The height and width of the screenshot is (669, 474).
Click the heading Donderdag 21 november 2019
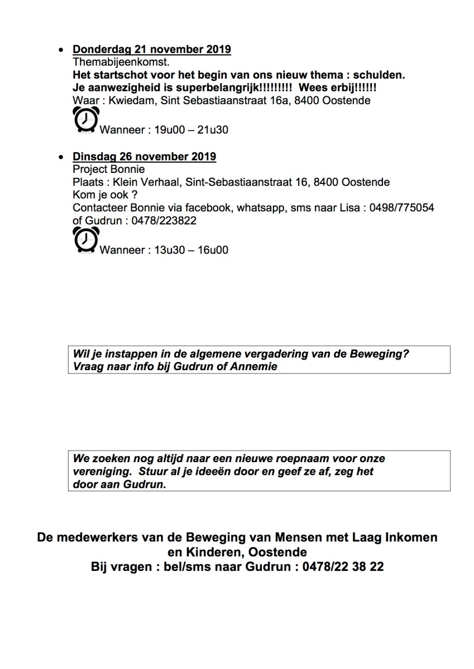pyautogui.click(x=151, y=50)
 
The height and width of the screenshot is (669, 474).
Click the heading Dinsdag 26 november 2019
pyautogui.click(x=144, y=157)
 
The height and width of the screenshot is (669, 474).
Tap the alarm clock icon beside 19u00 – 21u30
pyautogui.click(x=85, y=120)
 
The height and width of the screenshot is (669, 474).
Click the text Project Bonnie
pyautogui.click(x=109, y=169)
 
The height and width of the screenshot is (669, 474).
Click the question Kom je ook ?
pyautogui.click(x=105, y=195)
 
